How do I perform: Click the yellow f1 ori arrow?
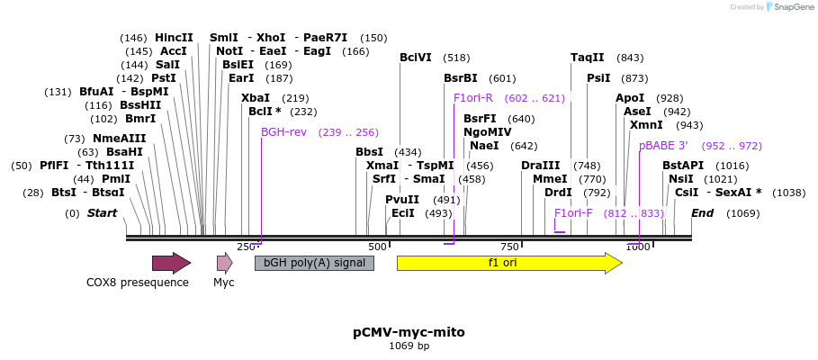click(x=508, y=263)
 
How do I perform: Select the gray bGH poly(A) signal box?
click(x=314, y=263)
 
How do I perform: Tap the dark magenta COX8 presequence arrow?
click(x=171, y=263)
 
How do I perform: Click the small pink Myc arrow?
click(x=224, y=263)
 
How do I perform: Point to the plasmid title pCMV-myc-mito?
click(x=409, y=332)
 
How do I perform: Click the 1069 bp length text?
click(x=409, y=346)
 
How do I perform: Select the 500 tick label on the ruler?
click(x=377, y=247)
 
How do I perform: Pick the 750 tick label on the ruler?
click(x=509, y=247)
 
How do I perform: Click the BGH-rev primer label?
click(x=283, y=131)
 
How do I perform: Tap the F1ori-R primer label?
click(x=473, y=98)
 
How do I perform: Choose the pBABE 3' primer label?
click(x=663, y=145)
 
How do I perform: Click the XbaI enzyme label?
click(x=256, y=98)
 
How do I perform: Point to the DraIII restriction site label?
click(x=540, y=165)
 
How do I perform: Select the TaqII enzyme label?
click(x=587, y=58)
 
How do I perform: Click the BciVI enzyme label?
click(x=416, y=58)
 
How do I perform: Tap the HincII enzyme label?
click(x=174, y=38)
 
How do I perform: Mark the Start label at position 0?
click(x=102, y=213)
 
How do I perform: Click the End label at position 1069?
click(x=702, y=213)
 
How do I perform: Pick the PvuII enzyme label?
click(x=402, y=199)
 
